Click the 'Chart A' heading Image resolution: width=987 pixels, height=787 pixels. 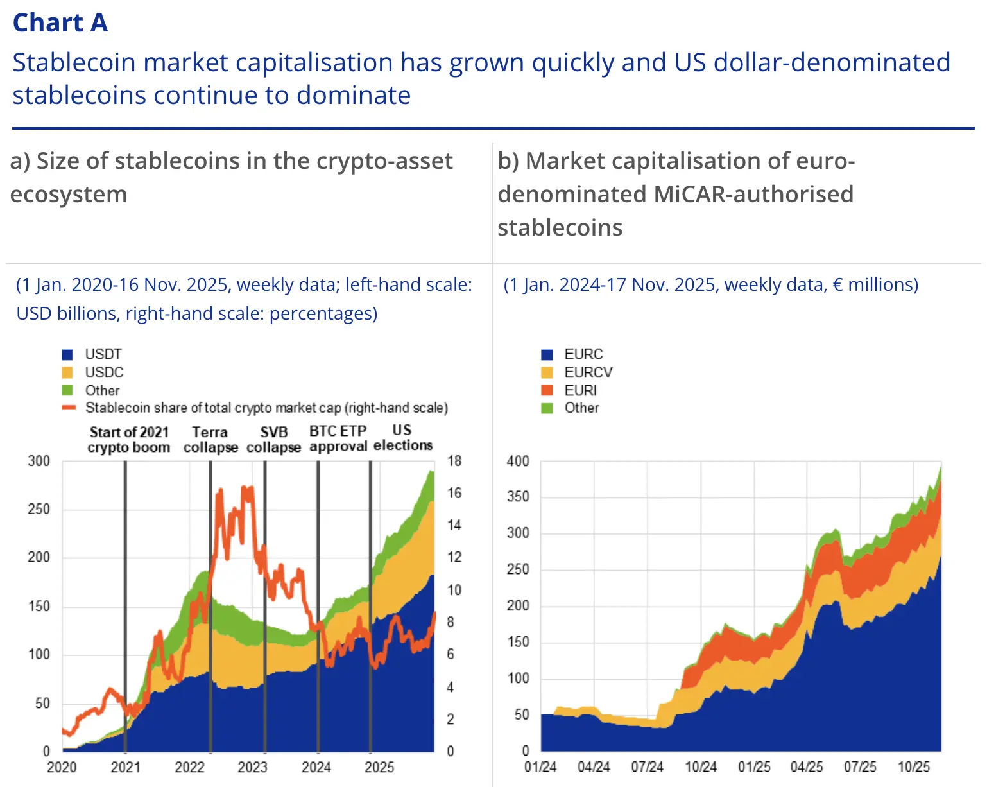(60, 23)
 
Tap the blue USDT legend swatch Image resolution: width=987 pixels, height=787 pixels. (67, 354)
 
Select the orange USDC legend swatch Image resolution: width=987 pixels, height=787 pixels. (67, 372)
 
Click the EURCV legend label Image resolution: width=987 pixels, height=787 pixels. (588, 372)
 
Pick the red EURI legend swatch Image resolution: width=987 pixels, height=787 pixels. (547, 390)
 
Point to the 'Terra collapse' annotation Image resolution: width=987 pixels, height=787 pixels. (210, 440)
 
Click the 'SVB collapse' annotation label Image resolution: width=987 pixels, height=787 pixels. (274, 440)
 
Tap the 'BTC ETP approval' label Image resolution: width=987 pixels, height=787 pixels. (338, 438)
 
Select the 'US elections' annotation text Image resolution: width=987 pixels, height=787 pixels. (403, 438)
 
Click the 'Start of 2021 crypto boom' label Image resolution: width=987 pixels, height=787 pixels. (129, 440)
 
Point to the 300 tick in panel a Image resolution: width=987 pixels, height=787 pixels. (39, 461)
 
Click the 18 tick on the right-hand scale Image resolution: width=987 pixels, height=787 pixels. (454, 461)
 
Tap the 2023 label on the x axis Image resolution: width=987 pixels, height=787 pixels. (252, 767)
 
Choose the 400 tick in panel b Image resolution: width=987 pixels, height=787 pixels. (518, 461)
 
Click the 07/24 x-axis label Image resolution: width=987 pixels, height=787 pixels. (647, 767)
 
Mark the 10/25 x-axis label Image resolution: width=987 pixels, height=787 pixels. (913, 767)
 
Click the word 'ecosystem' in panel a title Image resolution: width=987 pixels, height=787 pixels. (69, 194)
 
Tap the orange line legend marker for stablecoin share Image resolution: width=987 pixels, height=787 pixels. (69, 408)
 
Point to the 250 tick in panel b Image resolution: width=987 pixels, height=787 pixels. (518, 569)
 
